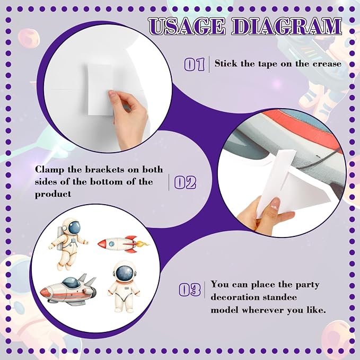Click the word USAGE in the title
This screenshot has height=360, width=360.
pyautogui.click(x=187, y=27)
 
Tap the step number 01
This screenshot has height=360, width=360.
pyautogui.click(x=195, y=65)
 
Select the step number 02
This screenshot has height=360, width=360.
pyautogui.click(x=185, y=182)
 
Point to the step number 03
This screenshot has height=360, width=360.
pyautogui.click(x=190, y=289)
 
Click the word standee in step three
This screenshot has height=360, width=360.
pyautogui.click(x=278, y=297)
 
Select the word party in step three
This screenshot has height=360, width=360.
pyautogui.click(x=307, y=285)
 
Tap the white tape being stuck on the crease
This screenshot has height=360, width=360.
pyautogui.click(x=100, y=90)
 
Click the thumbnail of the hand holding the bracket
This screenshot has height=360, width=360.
pyautogui.click(x=275, y=204)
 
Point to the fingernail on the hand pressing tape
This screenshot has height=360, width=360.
pyautogui.click(x=112, y=94)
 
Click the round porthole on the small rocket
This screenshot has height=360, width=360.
pyautogui.click(x=112, y=244)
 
